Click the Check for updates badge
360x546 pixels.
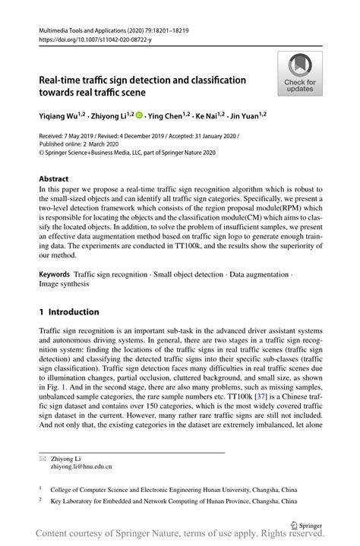tap(300, 74)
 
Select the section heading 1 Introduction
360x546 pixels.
tap(69, 311)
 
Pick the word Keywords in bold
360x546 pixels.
tap(55, 272)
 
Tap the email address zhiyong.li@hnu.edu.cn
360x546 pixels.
tap(81, 466)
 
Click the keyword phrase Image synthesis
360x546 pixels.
tap(63, 283)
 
